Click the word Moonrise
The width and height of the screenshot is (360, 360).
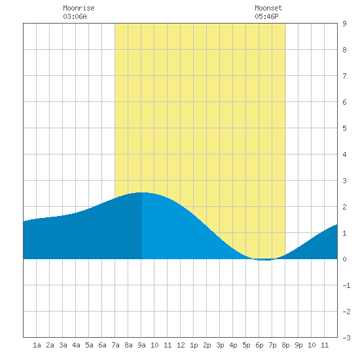[x=79, y=8]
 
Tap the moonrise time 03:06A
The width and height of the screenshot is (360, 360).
[x=75, y=16]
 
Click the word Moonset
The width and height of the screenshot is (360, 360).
[x=268, y=8]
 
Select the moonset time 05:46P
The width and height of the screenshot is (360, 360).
[x=266, y=16]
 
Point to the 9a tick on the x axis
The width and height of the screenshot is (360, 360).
[x=141, y=345]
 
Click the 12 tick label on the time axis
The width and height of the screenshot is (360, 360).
[x=181, y=345]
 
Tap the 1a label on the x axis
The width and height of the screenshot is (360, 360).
[x=37, y=345]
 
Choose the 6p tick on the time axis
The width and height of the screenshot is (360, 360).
[x=259, y=345]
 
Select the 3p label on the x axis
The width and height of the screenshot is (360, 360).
[x=220, y=345]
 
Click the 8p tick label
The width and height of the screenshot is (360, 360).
[x=285, y=345]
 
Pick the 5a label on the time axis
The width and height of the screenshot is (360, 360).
[x=89, y=345]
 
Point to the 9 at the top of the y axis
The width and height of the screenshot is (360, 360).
[x=344, y=24]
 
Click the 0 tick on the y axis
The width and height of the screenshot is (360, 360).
[x=344, y=259]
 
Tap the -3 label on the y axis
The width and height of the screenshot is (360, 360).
[x=346, y=338]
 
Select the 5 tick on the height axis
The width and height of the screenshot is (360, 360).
[x=344, y=128]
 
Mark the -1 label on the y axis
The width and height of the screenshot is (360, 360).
[x=346, y=285]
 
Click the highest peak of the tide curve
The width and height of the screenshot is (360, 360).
[x=141, y=192]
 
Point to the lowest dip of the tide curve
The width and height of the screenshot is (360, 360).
[x=265, y=260]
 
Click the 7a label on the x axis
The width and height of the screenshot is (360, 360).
[x=115, y=345]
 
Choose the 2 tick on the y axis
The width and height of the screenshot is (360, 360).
[x=344, y=207]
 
